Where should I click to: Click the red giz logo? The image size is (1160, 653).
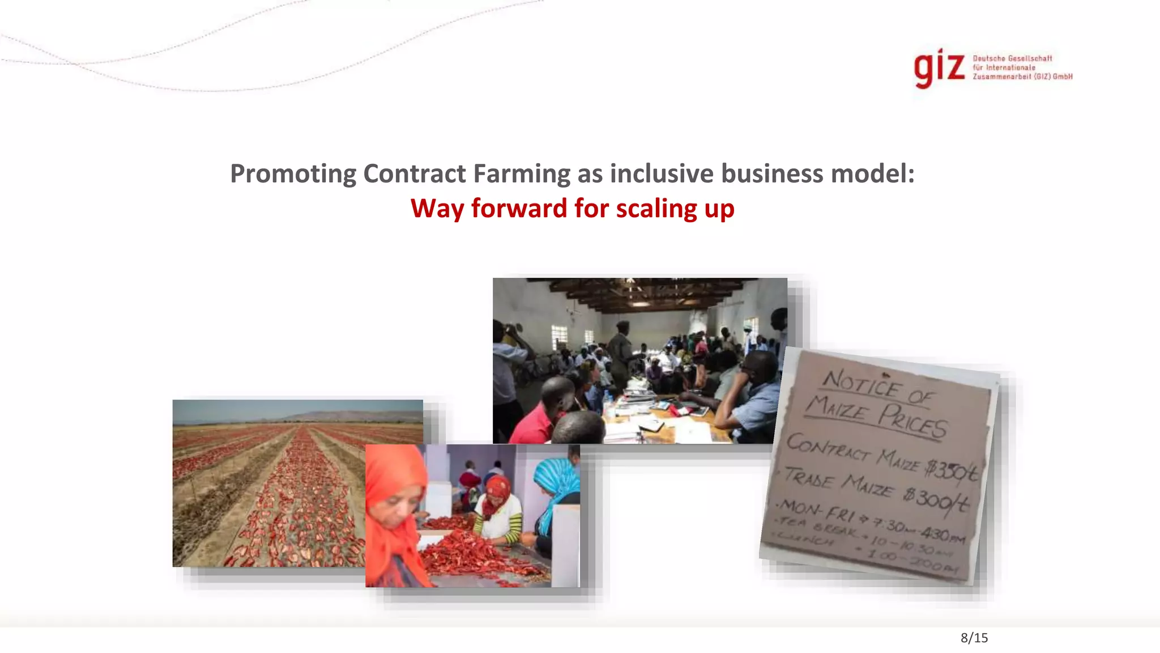(939, 69)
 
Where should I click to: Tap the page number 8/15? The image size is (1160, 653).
(974, 638)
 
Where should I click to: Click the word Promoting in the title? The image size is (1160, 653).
(293, 173)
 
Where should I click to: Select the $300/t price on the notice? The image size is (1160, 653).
(937, 498)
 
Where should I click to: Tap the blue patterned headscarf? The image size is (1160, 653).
(558, 476)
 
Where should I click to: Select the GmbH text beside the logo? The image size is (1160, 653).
(1063, 77)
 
